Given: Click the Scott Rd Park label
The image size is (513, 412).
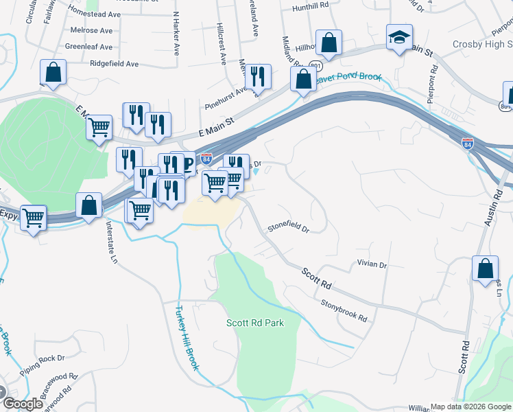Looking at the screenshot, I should tap(254, 322).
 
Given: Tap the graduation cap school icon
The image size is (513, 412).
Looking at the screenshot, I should tap(398, 38).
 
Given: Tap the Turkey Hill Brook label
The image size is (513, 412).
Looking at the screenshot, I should tap(187, 338).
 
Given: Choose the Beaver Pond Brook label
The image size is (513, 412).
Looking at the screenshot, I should tap(348, 78).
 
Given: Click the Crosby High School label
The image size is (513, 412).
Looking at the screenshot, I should tap(482, 45).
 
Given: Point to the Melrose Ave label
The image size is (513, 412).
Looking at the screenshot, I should tap(91, 31).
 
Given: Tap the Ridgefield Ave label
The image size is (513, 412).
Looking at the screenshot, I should tap(114, 64).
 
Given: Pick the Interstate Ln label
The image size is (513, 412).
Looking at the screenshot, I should tap(110, 241).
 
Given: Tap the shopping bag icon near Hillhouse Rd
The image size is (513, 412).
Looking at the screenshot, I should tap(329, 43).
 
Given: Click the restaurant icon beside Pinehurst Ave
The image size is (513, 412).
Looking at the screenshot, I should tap(257, 77).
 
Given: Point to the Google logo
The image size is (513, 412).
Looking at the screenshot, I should tap(23, 403).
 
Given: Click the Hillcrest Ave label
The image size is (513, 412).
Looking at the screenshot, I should tap(222, 46).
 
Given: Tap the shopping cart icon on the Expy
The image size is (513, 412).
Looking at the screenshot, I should tap(33, 218).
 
